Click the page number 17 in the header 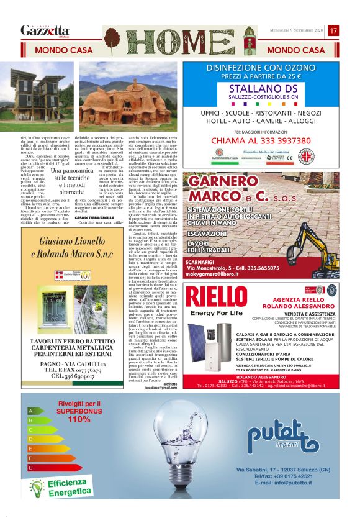click(x=333, y=30)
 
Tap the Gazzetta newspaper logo click(x=45, y=30)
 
